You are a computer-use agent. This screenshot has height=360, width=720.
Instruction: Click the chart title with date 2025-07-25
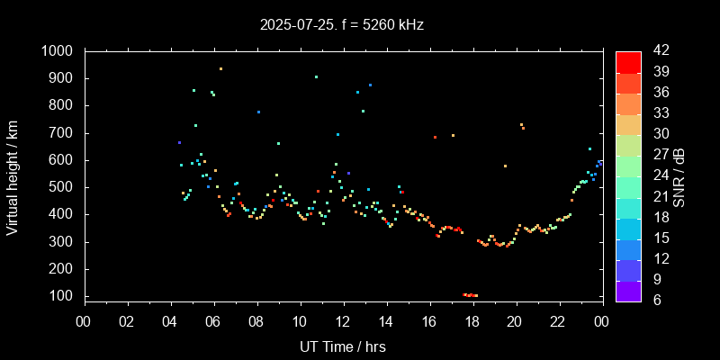[x=341, y=24]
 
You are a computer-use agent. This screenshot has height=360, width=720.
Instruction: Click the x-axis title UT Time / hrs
[x=343, y=346]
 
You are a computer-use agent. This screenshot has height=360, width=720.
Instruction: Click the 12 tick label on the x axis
[x=343, y=321]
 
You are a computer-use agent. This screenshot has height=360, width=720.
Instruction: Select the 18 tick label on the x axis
[x=472, y=321]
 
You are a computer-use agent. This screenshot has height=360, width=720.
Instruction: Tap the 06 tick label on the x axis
[x=213, y=321]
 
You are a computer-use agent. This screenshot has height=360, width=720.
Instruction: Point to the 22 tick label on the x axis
[x=558, y=321]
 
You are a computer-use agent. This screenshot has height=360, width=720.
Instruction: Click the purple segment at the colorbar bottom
[x=628, y=290]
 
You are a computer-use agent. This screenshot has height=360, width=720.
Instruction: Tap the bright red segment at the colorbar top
[x=628, y=61]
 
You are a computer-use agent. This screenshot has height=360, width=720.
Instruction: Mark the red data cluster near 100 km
[x=470, y=295]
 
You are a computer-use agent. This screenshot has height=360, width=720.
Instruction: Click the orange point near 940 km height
[x=220, y=68]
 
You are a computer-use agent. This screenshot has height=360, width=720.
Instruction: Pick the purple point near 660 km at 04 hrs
[x=179, y=142]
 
